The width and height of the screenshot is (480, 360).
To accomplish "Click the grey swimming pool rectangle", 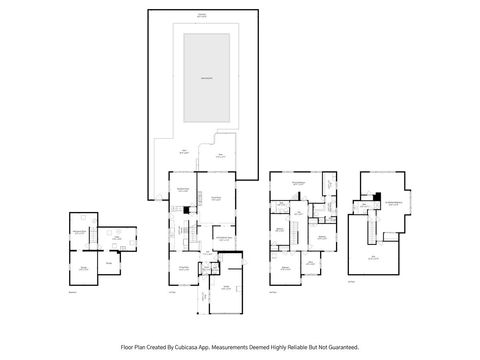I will pos(206,78).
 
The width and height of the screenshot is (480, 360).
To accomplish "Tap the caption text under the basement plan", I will pos(73,293).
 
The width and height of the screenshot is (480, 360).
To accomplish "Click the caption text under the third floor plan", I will pos(352,280).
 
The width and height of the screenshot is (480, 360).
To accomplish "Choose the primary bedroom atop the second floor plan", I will pos(298,184).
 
